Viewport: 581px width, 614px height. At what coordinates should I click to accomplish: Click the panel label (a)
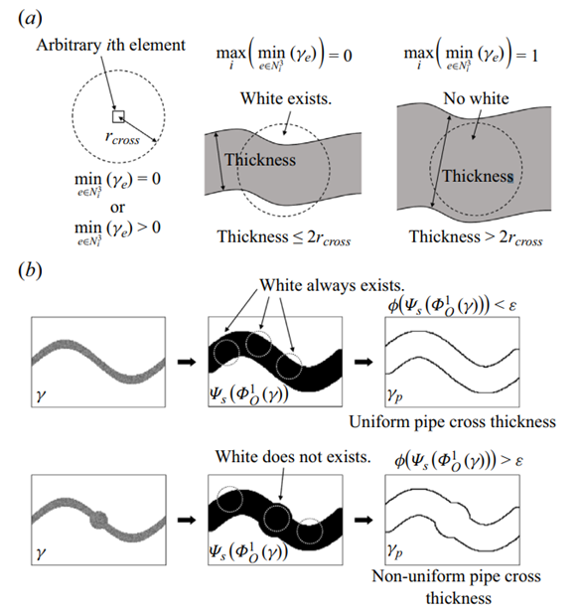(x=30, y=18)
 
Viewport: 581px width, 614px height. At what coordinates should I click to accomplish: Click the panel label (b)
(x=30, y=270)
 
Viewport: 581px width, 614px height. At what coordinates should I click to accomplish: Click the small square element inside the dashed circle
(x=118, y=116)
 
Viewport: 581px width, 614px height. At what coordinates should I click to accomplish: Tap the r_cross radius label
(x=122, y=138)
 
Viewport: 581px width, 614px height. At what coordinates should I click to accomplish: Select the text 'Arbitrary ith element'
(x=111, y=45)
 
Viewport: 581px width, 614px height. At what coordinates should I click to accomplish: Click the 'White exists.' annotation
(x=286, y=98)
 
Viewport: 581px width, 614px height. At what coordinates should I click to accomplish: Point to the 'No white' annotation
(x=476, y=98)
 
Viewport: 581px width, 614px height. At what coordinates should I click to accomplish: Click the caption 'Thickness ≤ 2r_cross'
(x=284, y=237)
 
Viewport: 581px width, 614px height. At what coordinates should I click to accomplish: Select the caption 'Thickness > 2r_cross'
(x=476, y=237)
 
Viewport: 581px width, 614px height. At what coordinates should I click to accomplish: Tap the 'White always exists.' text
(x=332, y=285)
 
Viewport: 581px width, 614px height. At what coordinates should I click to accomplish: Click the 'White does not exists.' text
(x=293, y=457)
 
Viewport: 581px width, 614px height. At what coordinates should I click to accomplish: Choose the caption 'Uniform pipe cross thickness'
(x=452, y=421)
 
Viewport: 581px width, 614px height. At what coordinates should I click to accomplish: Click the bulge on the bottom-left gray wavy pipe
(x=98, y=520)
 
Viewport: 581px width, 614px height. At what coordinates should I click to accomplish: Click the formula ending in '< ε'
(x=452, y=305)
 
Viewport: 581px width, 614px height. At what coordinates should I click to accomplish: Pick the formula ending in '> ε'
(x=459, y=460)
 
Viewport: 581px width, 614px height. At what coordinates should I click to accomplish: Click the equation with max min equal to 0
(x=284, y=55)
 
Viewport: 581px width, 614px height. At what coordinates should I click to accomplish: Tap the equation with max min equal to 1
(x=471, y=55)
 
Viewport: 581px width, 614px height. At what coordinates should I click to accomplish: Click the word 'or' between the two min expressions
(x=117, y=208)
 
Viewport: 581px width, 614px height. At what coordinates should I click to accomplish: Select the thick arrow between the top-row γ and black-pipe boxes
(x=187, y=362)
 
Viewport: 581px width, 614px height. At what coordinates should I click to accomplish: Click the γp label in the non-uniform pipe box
(x=394, y=551)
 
